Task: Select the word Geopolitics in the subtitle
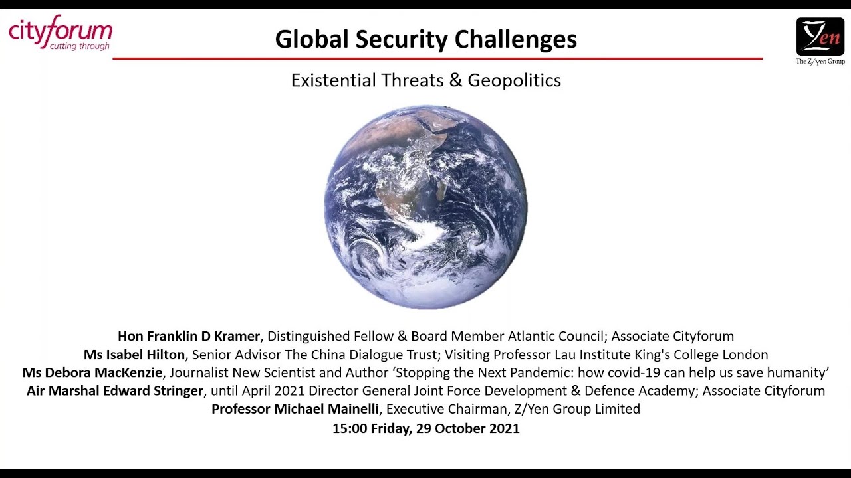pos(514,80)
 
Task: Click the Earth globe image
pos(425,206)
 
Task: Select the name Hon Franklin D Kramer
pos(189,336)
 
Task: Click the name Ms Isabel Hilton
pos(134,355)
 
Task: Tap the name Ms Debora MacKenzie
pos(92,372)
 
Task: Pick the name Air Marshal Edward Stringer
pos(115,391)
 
